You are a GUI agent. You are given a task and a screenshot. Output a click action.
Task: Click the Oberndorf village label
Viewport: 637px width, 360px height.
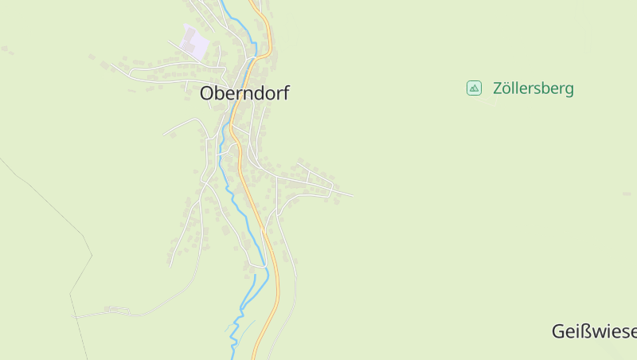[244, 93]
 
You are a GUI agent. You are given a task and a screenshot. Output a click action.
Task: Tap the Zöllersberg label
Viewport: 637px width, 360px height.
[533, 88]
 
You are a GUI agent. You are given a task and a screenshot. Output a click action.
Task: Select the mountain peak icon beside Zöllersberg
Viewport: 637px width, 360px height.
[474, 88]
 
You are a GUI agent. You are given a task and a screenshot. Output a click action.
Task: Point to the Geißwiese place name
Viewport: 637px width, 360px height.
[594, 331]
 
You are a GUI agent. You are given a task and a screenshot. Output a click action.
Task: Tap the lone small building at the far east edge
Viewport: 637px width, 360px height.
[627, 194]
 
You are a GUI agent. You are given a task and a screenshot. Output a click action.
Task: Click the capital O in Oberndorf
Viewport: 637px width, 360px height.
[206, 93]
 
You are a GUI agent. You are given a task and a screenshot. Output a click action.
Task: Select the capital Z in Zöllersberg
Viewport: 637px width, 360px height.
[498, 88]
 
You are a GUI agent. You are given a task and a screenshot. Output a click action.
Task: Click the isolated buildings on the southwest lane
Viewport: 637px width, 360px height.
[115, 309]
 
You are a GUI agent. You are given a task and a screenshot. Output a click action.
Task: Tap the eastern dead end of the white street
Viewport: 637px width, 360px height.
[352, 194]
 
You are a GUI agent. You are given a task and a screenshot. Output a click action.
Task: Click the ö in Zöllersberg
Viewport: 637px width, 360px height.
[507, 88]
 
